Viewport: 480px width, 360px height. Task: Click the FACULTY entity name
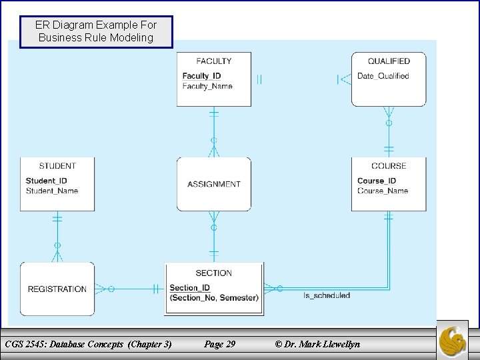214,61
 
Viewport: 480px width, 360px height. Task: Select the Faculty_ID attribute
201,76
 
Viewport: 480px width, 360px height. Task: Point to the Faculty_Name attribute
207,86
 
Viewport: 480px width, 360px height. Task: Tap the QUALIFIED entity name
389,61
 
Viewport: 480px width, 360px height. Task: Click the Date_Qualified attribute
383,76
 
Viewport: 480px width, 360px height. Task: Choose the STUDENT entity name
57,166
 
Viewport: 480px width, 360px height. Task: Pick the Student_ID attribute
46,181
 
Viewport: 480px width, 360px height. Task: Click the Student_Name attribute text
52,191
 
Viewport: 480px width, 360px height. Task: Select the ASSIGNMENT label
214,185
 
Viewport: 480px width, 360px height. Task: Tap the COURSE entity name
389,166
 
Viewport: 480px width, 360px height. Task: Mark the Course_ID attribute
377,181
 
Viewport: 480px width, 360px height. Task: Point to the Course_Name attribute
383,191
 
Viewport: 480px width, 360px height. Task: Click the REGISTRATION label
57,289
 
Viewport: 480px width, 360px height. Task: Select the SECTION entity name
214,273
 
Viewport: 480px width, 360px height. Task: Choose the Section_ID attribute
190,288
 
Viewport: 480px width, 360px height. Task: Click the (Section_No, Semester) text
214,297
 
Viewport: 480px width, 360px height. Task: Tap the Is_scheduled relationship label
327,295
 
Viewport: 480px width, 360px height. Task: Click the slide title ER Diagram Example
96,31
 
